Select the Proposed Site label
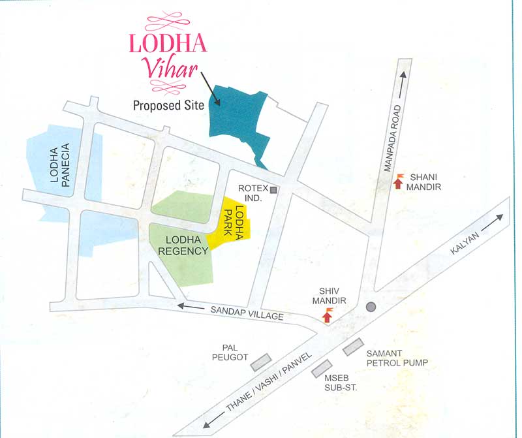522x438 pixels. pyautogui.click(x=168, y=105)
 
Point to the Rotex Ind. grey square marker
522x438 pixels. pyautogui.click(x=274, y=191)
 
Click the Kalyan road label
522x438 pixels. pyautogui.click(x=464, y=245)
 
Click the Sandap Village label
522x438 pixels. pyautogui.click(x=247, y=312)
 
